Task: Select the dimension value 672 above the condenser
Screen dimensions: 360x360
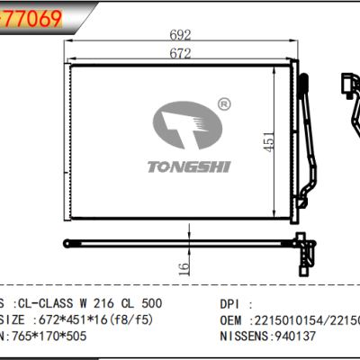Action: click(183, 55)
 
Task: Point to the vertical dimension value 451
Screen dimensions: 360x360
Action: click(269, 143)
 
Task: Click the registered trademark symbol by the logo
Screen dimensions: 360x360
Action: click(223, 106)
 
